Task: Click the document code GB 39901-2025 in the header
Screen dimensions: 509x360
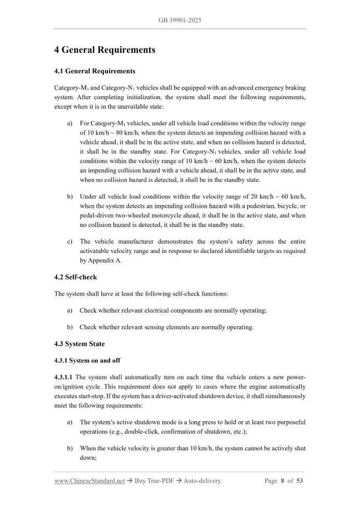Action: tap(180, 20)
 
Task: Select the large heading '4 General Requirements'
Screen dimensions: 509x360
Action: tap(104, 50)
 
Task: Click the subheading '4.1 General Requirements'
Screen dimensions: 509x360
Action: tap(95, 71)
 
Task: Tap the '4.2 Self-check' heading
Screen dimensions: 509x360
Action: tap(75, 277)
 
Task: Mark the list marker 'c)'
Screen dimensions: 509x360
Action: tap(70, 242)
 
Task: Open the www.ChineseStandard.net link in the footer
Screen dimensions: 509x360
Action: tap(89, 481)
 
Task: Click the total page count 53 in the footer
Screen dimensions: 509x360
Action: tap(300, 481)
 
